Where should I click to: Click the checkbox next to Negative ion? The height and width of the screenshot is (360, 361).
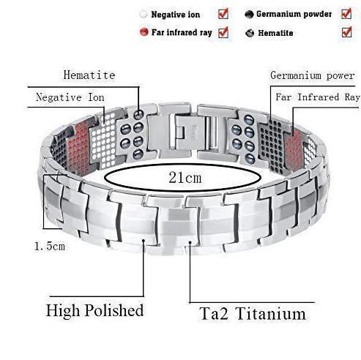[223, 14]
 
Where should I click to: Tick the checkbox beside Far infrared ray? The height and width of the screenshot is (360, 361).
[223, 32]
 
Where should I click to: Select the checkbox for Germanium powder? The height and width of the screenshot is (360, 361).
[346, 14]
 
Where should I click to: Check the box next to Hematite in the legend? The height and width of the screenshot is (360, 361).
[346, 32]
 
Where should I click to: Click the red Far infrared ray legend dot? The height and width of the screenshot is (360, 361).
[144, 32]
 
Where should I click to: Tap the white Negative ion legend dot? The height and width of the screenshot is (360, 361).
[144, 14]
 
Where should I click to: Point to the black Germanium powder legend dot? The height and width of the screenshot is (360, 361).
[249, 15]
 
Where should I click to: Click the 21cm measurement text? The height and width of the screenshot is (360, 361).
[185, 178]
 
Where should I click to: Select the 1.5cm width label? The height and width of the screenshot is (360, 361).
[50, 247]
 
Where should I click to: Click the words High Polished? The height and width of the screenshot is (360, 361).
[94, 311]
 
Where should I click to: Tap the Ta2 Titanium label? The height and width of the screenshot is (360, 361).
[253, 314]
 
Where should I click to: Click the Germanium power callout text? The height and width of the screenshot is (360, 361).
[313, 75]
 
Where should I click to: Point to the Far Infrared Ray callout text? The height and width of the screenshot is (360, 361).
[318, 97]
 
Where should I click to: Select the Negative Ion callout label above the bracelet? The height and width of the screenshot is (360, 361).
[70, 97]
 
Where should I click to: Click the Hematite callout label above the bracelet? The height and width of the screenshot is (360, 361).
[89, 75]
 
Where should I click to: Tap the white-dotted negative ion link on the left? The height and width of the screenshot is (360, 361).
[104, 140]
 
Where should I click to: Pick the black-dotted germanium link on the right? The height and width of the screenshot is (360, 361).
[272, 146]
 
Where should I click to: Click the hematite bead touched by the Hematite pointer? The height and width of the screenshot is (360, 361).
[139, 114]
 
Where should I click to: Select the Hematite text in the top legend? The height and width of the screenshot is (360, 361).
[275, 33]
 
